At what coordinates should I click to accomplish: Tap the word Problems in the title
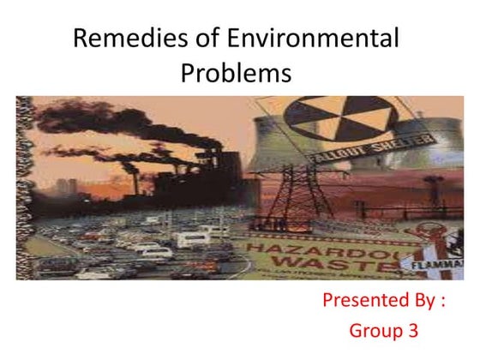click(236, 74)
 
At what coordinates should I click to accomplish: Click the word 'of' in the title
click(204, 39)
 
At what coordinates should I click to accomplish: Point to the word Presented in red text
click(363, 301)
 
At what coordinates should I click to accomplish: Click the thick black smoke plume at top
click(94, 120)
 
